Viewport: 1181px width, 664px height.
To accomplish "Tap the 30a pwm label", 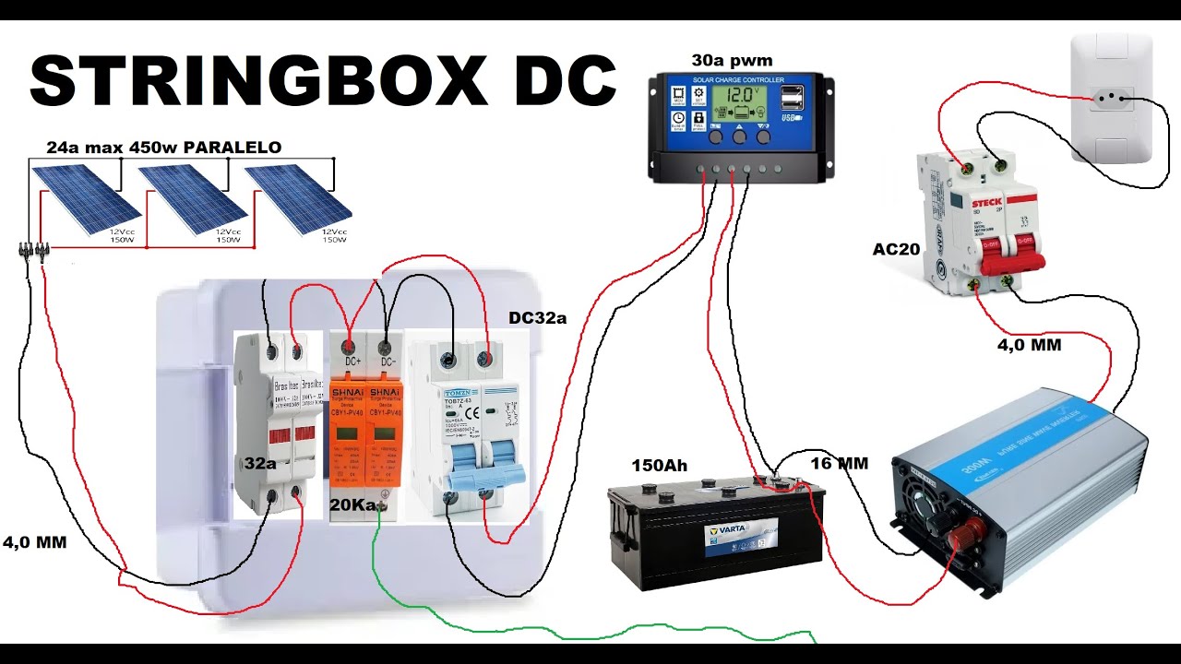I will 732,61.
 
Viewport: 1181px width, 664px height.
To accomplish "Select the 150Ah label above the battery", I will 659,466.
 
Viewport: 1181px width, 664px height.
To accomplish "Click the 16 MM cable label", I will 839,463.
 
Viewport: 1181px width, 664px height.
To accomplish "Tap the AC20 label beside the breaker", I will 897,249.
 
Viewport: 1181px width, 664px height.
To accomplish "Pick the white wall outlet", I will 1111,98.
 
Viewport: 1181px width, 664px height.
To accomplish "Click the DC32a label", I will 537,318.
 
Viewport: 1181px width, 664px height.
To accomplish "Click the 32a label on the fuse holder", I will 260,463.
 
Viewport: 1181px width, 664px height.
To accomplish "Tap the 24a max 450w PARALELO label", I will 163,148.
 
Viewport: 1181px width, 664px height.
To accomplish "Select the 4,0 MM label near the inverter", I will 1028,345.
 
